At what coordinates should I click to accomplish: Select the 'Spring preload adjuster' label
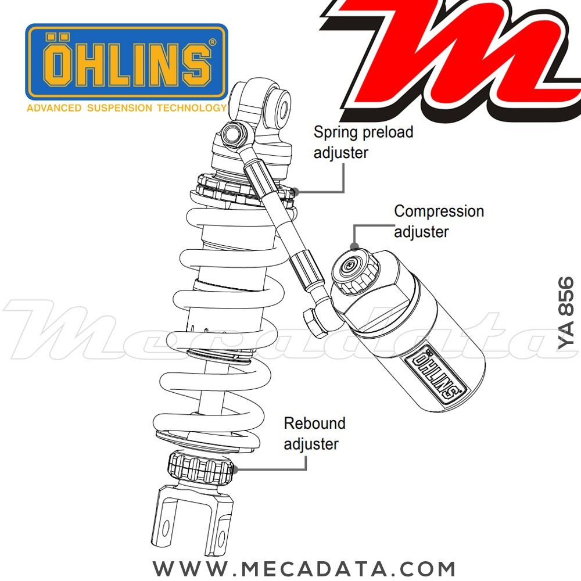[x=363, y=142]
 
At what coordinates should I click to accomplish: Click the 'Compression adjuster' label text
[x=439, y=221]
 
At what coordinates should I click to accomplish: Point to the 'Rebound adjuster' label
[x=314, y=433]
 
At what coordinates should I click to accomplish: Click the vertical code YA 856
[x=566, y=313]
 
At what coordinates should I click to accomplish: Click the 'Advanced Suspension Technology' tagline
[x=125, y=108]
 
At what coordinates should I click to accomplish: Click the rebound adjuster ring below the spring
[x=200, y=467]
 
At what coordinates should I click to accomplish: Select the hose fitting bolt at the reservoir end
[x=314, y=321]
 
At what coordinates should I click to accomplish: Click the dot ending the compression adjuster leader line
[x=354, y=246]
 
